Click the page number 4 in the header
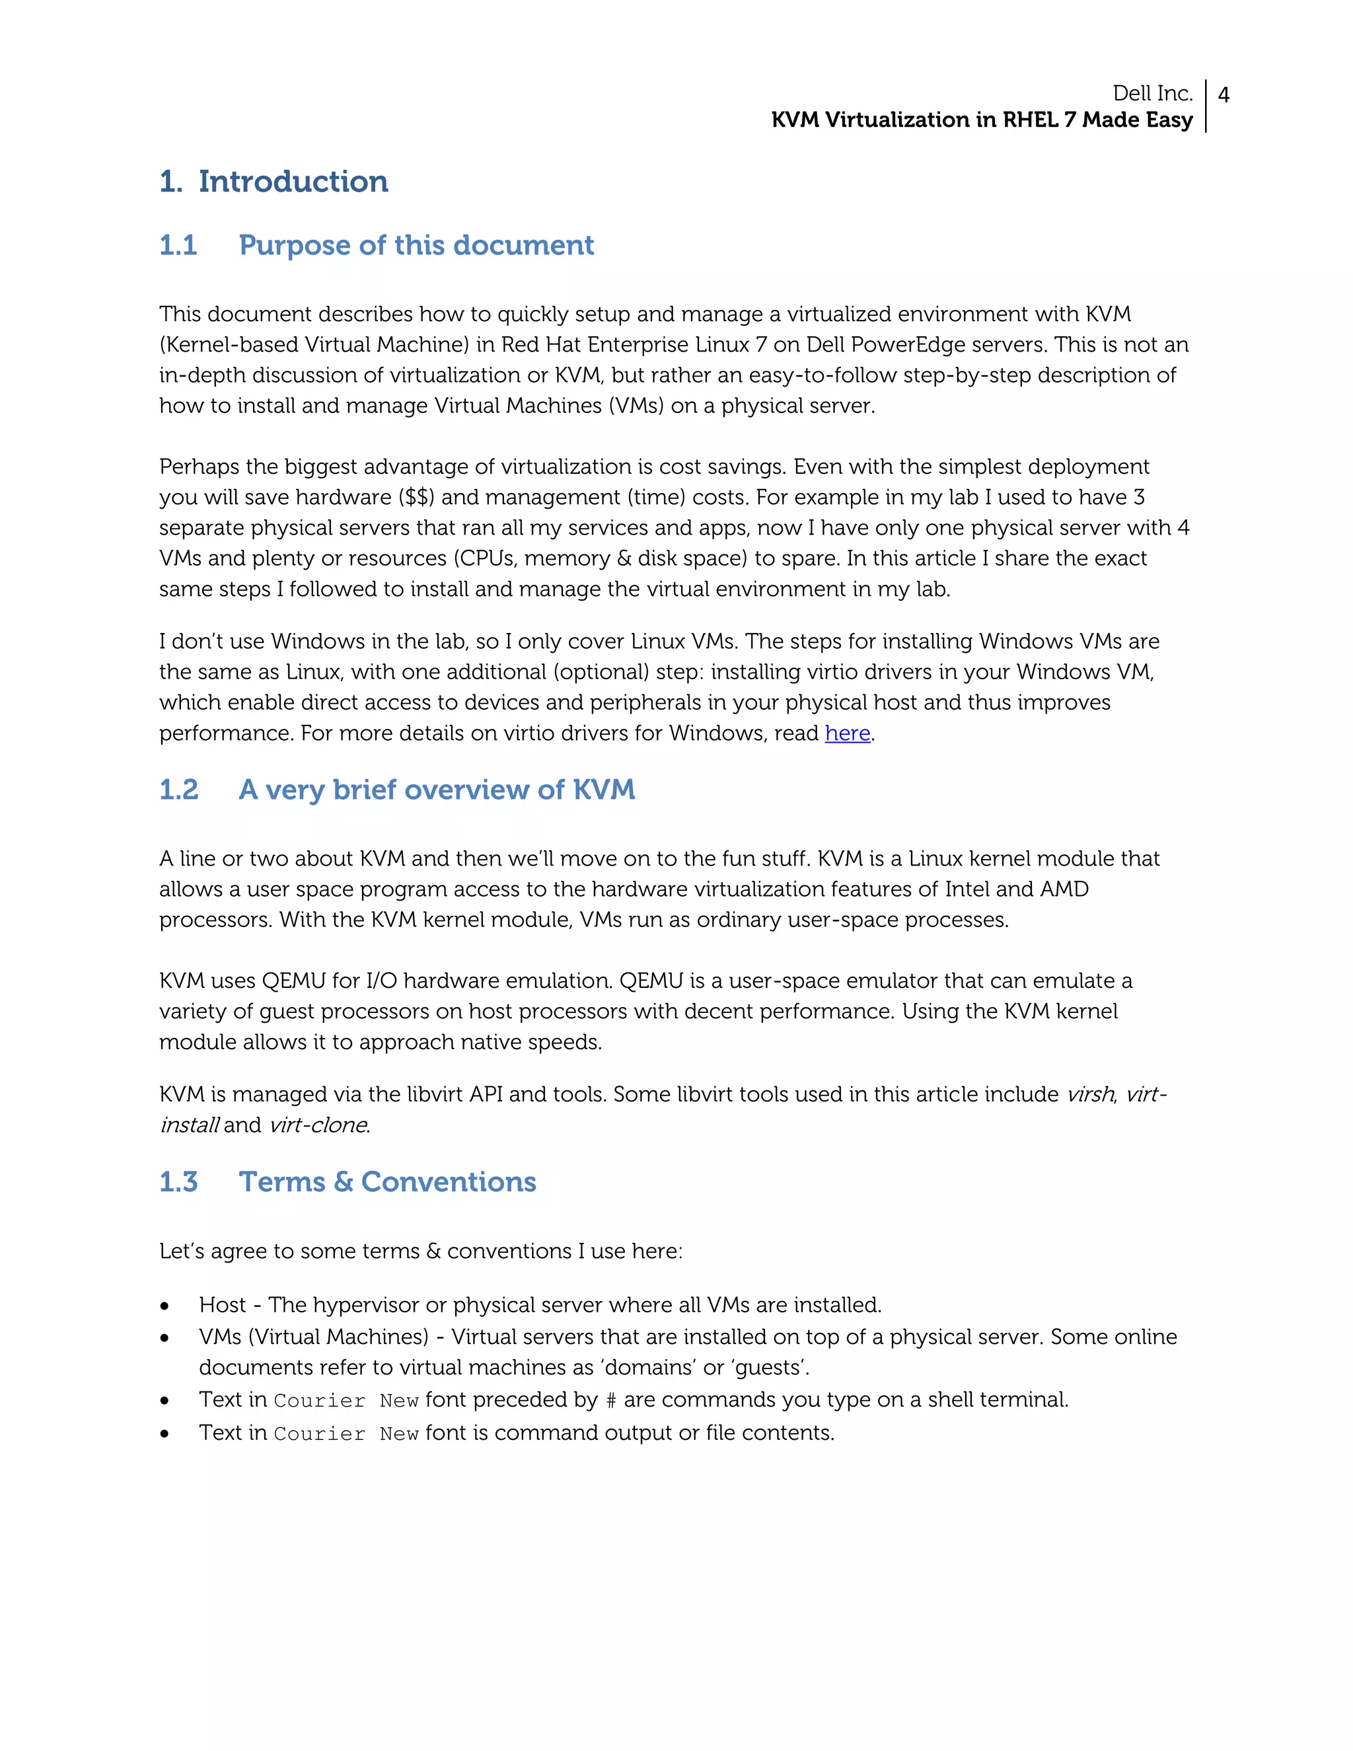pos(1223,94)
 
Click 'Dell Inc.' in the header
pos(1153,93)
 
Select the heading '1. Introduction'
pos(274,182)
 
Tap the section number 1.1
pos(178,245)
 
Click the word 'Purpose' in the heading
pos(294,245)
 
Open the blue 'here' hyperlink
pos(847,733)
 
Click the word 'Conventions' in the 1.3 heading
pos(448,1182)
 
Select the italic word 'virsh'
pos(1090,1094)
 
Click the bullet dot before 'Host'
pos(165,1307)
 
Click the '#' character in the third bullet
pos(611,1401)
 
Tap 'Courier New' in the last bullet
pos(346,1434)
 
